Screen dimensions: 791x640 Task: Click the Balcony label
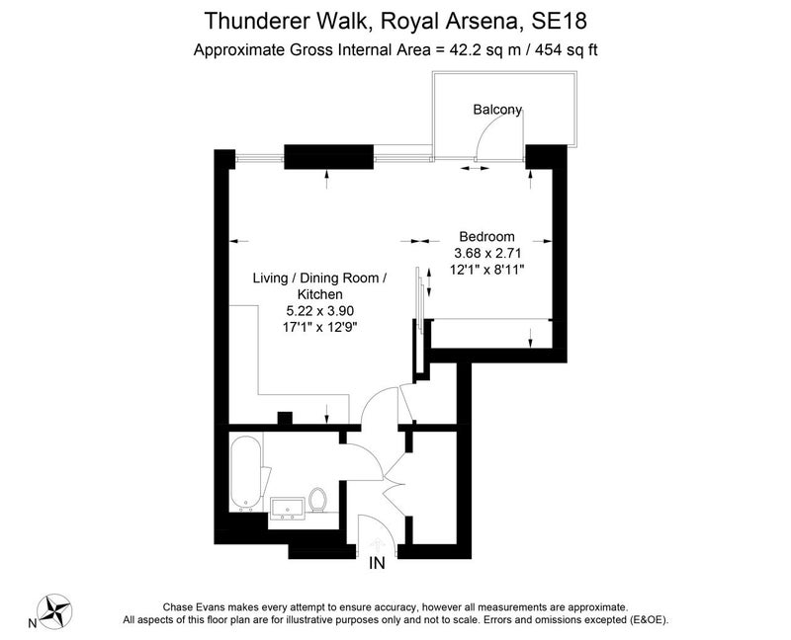(x=497, y=110)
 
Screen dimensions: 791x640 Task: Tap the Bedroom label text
(x=486, y=236)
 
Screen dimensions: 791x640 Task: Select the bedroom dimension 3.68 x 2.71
(x=487, y=253)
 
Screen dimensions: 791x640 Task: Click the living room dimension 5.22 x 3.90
(x=319, y=310)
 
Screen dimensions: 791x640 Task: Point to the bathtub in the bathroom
(x=246, y=474)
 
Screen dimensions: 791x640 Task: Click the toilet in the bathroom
(x=317, y=500)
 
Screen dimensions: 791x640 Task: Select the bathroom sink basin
(x=288, y=509)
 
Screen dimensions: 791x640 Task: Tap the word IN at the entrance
(x=377, y=563)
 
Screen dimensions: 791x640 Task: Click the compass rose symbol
(x=55, y=610)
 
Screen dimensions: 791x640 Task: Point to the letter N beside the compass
(x=33, y=624)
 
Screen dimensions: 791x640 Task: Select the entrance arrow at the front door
(x=377, y=545)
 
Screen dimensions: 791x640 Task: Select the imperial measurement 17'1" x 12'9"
(x=319, y=327)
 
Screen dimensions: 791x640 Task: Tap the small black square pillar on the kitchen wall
(x=285, y=418)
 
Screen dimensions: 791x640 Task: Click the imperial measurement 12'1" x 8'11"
(x=487, y=270)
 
